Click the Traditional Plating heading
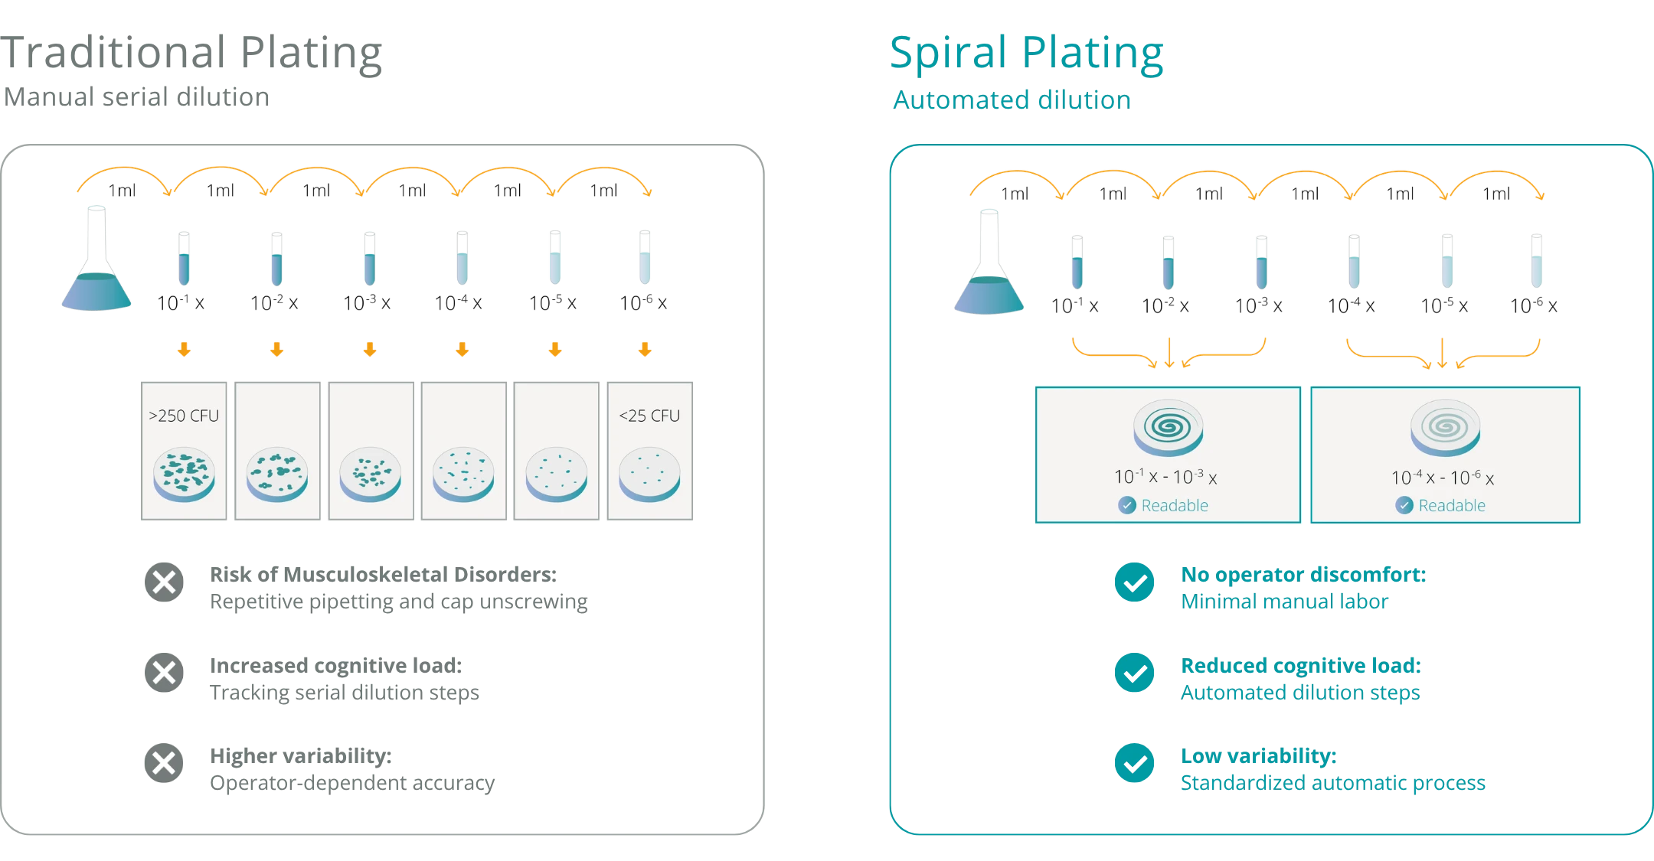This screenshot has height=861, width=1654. (x=191, y=53)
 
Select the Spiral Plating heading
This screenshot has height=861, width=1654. (x=1026, y=54)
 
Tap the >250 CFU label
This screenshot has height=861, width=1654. (x=184, y=416)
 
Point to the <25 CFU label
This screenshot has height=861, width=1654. (x=649, y=416)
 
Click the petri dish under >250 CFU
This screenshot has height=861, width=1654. (x=184, y=475)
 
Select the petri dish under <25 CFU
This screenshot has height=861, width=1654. (x=649, y=475)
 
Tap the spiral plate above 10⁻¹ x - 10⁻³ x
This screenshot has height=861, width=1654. (x=1169, y=428)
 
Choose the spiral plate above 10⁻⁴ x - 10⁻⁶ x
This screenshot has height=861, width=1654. (x=1446, y=428)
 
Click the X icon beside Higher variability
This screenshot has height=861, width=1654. (x=164, y=763)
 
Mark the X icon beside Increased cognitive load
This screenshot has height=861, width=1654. (x=164, y=673)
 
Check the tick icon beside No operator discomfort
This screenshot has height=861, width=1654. (x=1135, y=582)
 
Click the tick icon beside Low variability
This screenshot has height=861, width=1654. (x=1135, y=763)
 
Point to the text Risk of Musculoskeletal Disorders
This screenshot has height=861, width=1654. (x=384, y=574)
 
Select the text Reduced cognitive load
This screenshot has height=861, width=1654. (x=1301, y=666)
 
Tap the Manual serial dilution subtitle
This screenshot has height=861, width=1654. (x=137, y=97)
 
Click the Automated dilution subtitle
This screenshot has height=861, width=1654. (x=1012, y=100)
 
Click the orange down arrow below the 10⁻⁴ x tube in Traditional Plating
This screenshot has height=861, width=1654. (x=463, y=350)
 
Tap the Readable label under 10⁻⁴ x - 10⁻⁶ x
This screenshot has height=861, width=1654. (x=1452, y=505)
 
